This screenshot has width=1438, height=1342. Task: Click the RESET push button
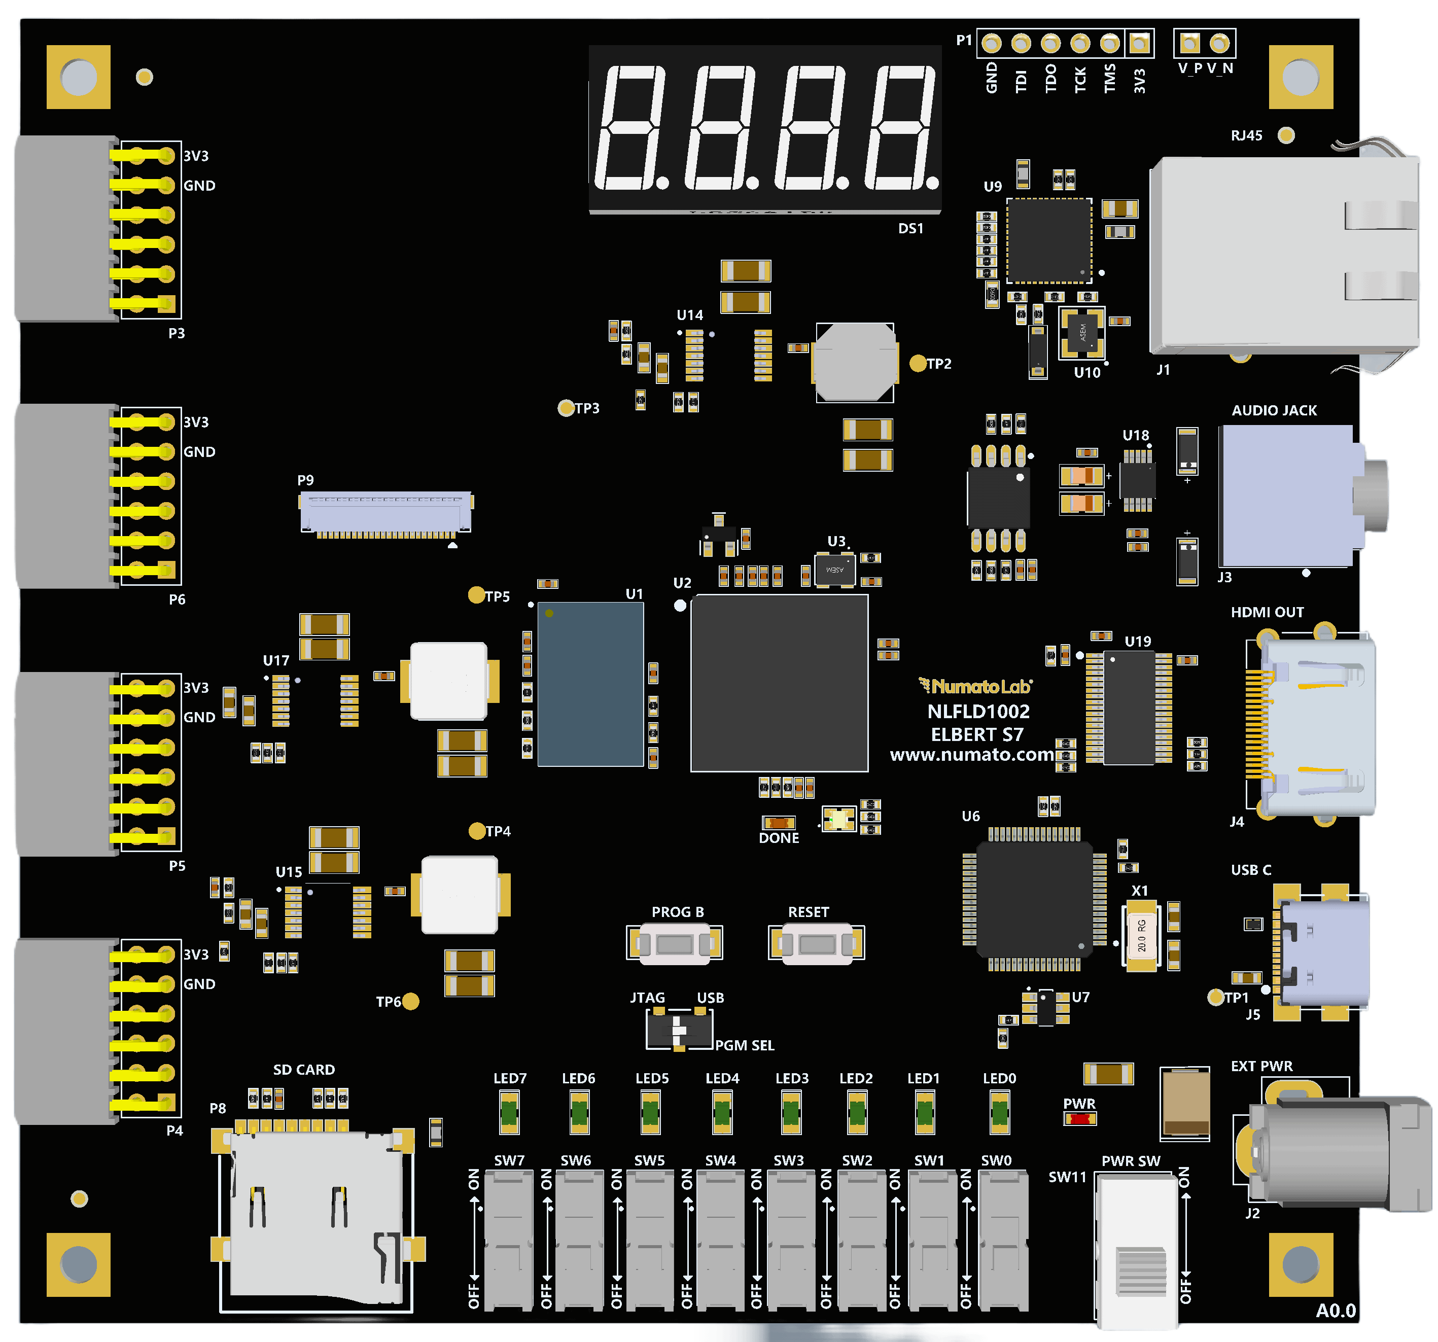[817, 943]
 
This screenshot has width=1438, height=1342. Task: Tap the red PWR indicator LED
[1079, 1118]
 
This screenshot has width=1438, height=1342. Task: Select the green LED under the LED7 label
[509, 1112]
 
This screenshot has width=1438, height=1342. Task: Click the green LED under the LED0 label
[1000, 1112]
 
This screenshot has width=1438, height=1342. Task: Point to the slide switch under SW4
[720, 1239]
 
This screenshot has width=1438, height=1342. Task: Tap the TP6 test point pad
[410, 1001]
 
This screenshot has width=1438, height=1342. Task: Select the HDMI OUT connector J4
[1313, 727]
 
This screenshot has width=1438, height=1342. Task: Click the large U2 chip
[779, 683]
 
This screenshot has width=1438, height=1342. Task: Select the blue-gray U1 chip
[590, 684]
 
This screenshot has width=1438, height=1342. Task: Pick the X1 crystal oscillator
[1141, 935]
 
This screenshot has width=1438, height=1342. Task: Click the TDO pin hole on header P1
[1050, 44]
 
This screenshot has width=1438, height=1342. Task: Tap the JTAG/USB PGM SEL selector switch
[679, 1028]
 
